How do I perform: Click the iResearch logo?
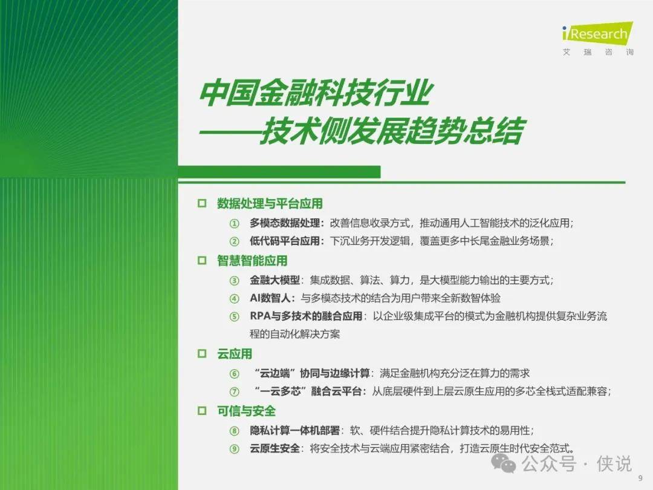597,38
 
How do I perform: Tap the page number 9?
640,479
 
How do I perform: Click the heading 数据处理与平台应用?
270,203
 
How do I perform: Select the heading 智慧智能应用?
252,261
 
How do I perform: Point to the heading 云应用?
235,354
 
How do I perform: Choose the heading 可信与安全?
246,411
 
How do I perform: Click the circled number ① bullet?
235,224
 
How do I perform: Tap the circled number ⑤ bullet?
235,316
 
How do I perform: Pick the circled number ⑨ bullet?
235,449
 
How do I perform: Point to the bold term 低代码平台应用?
285,241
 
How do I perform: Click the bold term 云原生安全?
275,448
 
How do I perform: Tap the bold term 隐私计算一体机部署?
295,431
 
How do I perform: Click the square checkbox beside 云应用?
202,354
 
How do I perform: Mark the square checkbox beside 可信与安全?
202,411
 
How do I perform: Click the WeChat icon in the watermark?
504,463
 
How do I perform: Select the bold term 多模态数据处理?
285,223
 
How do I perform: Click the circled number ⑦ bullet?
235,391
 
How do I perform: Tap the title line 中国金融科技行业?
316,93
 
